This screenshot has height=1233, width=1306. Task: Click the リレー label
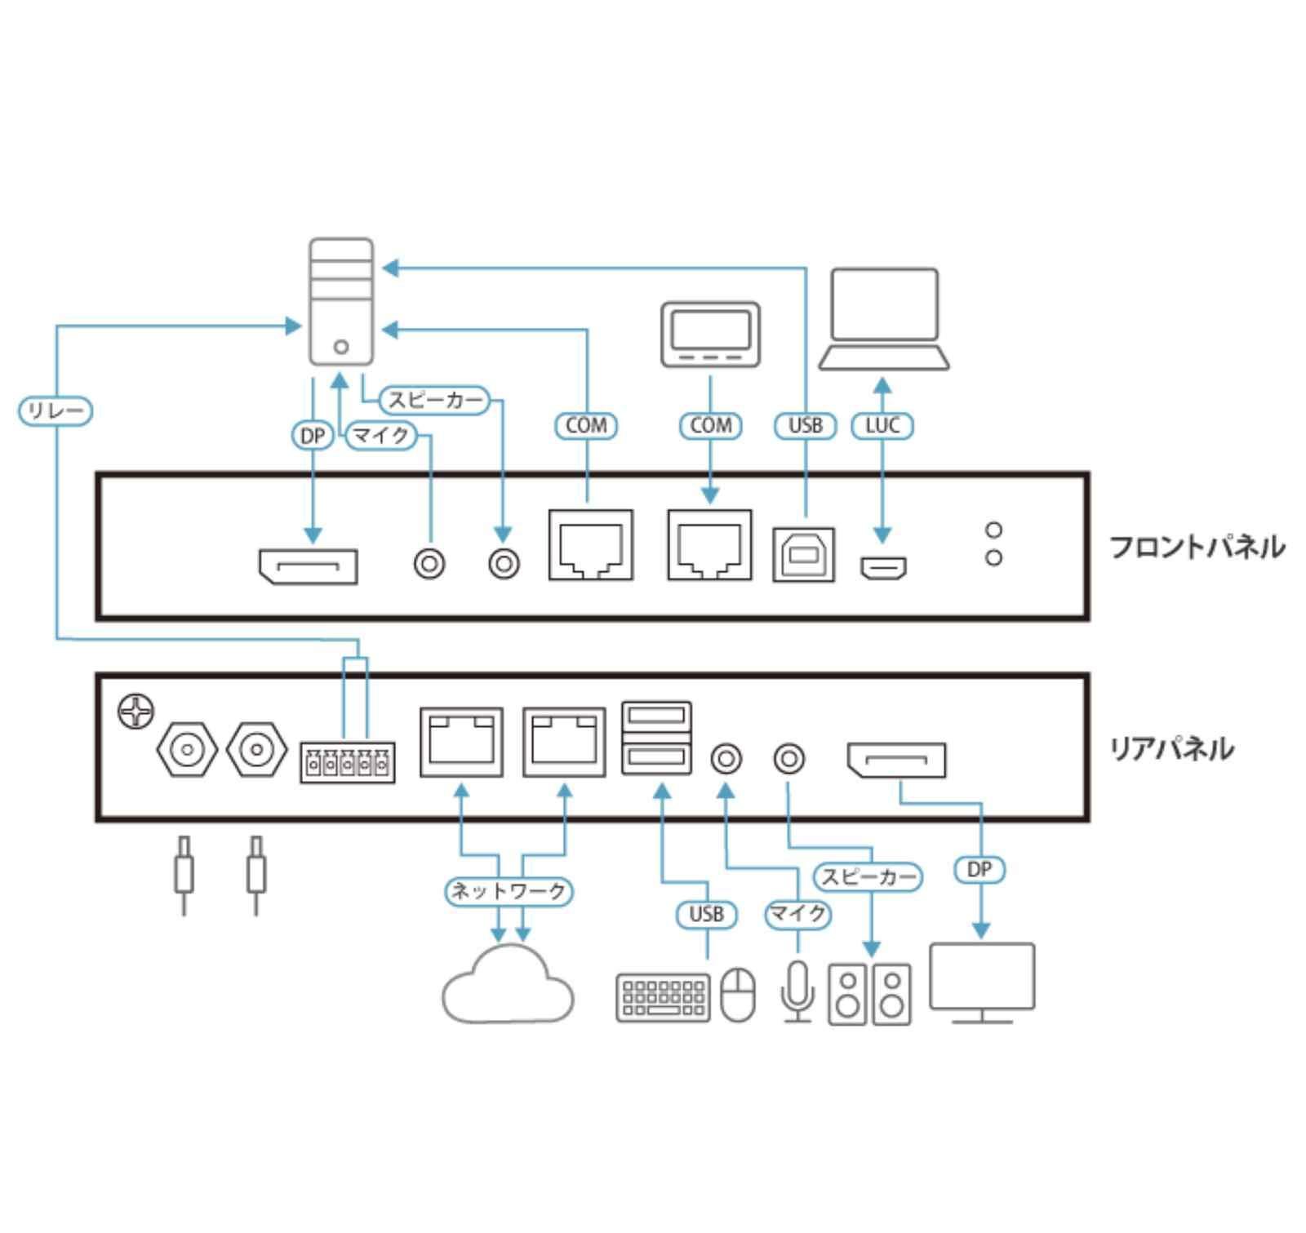[56, 410]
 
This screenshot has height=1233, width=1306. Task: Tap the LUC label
[882, 425]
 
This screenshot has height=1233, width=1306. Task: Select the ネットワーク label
[509, 890]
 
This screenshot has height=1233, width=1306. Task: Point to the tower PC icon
[341, 301]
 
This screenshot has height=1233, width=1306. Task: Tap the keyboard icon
[663, 996]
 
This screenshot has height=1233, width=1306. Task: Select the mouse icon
[738, 995]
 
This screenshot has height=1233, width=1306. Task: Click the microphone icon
[797, 991]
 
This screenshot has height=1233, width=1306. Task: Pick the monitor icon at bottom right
[982, 982]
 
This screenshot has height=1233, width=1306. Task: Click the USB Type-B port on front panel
[804, 555]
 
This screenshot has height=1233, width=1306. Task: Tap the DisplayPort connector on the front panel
[308, 567]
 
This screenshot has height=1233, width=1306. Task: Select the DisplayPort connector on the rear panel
[896, 761]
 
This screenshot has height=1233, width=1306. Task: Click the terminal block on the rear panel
[347, 763]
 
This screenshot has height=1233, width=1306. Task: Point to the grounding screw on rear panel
[135, 712]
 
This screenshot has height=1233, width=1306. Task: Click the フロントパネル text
[1197, 547]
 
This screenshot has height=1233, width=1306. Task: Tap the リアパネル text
[1171, 748]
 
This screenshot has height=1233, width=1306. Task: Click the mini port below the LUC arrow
[883, 567]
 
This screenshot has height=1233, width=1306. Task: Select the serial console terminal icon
[710, 335]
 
